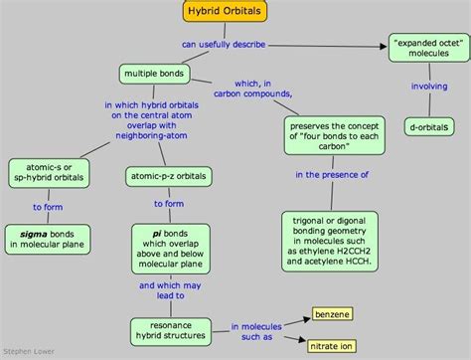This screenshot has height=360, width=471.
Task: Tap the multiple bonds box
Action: coord(152,73)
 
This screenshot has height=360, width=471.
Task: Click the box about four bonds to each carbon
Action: coord(332,134)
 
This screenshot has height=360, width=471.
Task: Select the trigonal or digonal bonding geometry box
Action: coord(330,233)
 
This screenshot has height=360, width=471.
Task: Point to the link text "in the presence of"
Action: coord(329,174)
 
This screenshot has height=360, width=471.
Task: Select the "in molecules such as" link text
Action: coord(255,331)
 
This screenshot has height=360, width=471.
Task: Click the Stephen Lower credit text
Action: coord(26,352)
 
